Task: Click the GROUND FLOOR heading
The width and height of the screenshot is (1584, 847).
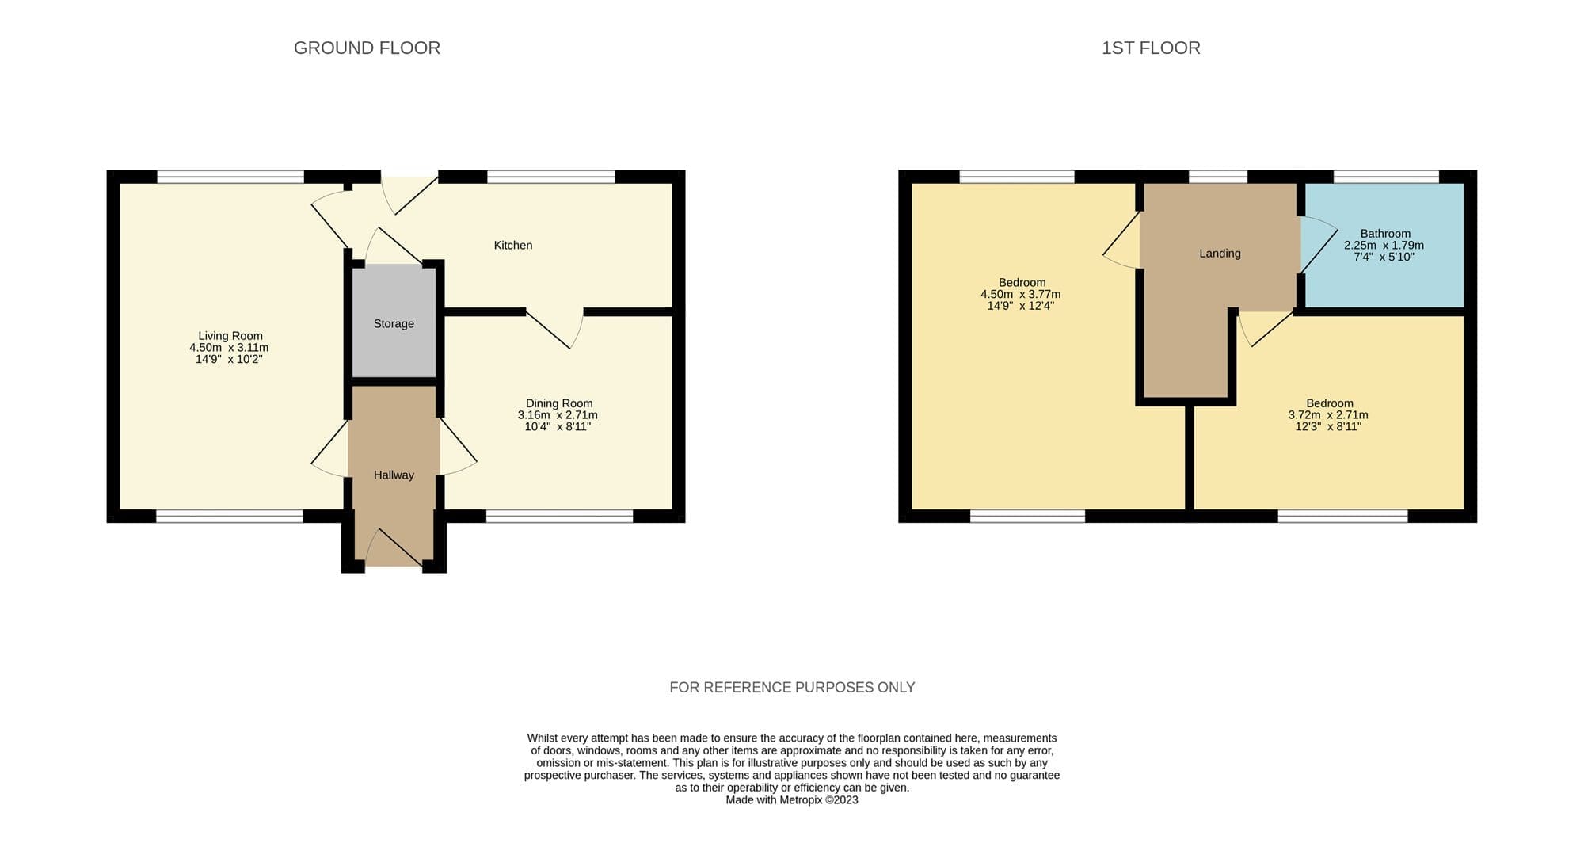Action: (367, 48)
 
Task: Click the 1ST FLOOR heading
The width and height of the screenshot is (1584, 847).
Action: (1151, 48)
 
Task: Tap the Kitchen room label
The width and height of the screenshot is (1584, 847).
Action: (513, 246)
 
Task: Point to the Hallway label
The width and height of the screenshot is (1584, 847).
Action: (394, 475)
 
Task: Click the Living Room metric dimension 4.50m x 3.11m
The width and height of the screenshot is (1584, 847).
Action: (229, 348)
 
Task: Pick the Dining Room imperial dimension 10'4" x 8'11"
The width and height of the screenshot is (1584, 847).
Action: (558, 427)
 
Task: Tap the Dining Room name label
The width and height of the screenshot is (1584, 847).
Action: (559, 403)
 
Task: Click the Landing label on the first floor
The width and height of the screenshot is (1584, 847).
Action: (1220, 254)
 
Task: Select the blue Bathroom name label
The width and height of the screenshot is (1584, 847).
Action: (1385, 234)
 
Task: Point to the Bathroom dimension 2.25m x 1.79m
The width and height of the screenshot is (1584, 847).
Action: (1384, 246)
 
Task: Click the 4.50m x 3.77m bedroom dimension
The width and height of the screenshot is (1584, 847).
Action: (1021, 295)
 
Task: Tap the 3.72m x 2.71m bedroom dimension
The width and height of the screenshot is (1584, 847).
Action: (1328, 415)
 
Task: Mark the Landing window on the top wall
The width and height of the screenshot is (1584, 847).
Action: (1218, 177)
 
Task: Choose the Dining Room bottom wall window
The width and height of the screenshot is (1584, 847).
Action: (559, 517)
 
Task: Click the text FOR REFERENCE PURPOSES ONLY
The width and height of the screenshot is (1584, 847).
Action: (792, 688)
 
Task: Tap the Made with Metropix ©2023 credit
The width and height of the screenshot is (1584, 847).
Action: (792, 800)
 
